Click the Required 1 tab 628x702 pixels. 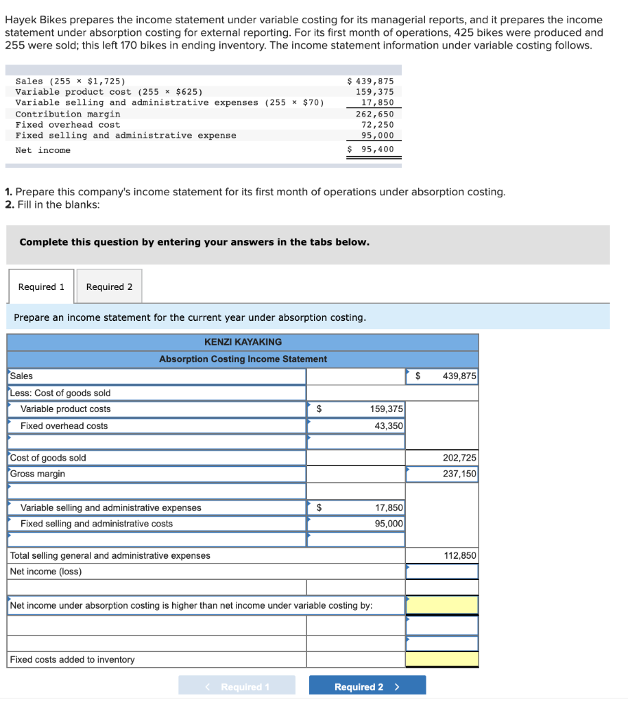click(41, 287)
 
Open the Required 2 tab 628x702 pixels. click(109, 287)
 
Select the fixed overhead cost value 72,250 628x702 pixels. click(377, 125)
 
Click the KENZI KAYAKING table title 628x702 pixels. click(243, 341)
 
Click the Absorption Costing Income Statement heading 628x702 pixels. click(243, 359)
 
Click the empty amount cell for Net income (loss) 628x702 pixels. click(442, 571)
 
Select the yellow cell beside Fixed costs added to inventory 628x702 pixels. click(442, 659)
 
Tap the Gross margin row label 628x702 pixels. click(38, 474)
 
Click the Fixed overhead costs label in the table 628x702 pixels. click(64, 426)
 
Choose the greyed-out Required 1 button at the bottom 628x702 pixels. click(237, 686)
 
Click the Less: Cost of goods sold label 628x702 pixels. click(60, 393)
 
